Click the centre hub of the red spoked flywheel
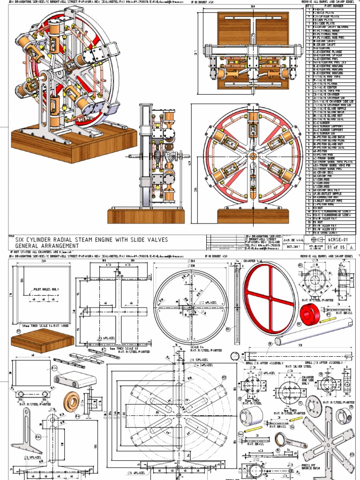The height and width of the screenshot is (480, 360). point(270,298)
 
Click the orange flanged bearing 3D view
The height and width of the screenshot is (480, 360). point(74,401)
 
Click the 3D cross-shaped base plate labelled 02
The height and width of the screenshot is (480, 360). point(89,357)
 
